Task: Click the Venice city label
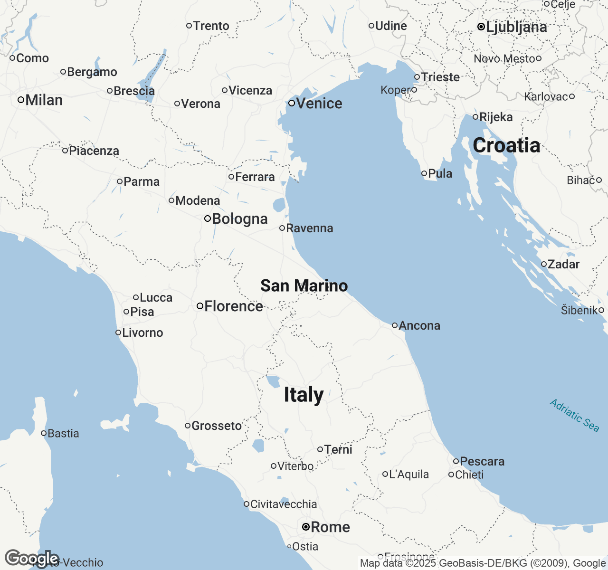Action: (x=319, y=104)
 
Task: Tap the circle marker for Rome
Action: (x=306, y=527)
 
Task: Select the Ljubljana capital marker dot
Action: (x=481, y=27)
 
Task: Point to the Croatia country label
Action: (x=506, y=145)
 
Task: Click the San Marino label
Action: (x=304, y=286)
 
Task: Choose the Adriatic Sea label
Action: (x=574, y=416)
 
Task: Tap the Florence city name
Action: (x=234, y=306)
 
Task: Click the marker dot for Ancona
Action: (x=395, y=325)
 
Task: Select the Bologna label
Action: (x=240, y=219)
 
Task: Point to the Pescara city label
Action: (x=482, y=461)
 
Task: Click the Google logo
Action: (x=32, y=559)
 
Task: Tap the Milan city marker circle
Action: (x=21, y=100)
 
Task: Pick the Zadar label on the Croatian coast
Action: (x=564, y=265)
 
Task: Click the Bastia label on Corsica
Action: (x=63, y=433)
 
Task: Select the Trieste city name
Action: (x=440, y=77)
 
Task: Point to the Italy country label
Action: (x=304, y=395)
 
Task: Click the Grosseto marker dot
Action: (x=188, y=426)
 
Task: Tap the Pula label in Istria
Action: (x=440, y=174)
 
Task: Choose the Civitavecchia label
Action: (x=284, y=504)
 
